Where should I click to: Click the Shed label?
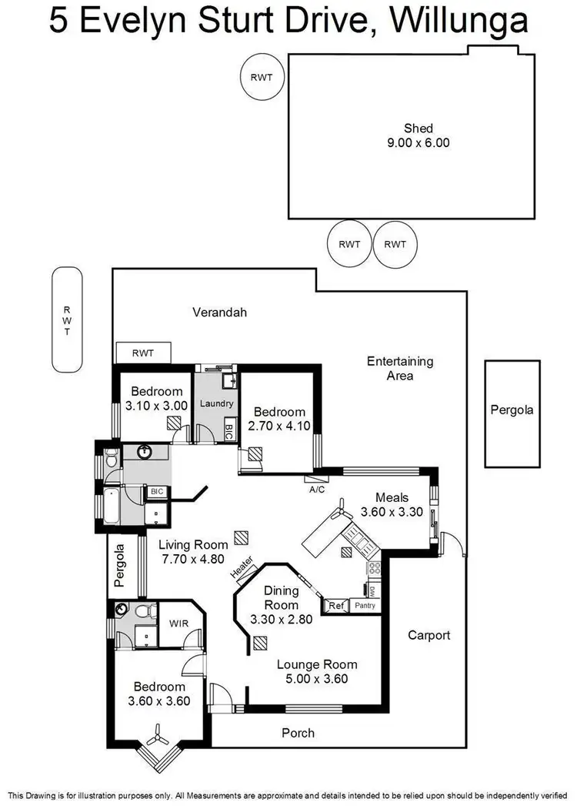(x=419, y=129)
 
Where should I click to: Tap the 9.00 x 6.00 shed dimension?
(x=419, y=142)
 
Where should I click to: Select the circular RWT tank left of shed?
(x=262, y=76)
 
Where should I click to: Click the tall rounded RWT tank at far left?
(x=67, y=319)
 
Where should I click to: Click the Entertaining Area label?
(x=400, y=368)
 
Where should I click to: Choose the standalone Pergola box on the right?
(x=512, y=413)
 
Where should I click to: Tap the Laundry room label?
(x=215, y=403)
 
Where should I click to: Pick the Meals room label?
(x=392, y=497)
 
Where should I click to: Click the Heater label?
(x=242, y=570)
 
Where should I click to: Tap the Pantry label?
(x=365, y=606)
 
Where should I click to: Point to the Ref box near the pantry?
(x=335, y=606)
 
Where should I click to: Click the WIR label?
(x=178, y=623)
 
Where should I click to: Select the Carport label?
(x=429, y=635)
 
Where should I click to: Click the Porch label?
(x=298, y=733)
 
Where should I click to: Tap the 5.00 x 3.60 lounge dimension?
(x=317, y=678)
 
